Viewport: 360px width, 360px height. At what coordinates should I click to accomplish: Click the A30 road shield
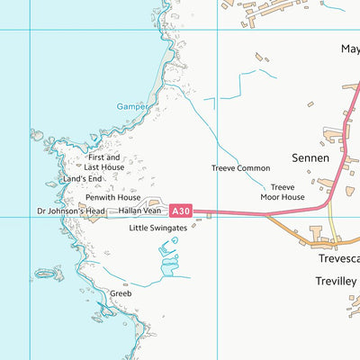(180, 211)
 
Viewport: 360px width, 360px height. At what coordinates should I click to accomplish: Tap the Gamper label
(131, 106)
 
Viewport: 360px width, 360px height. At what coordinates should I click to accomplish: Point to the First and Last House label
(104, 162)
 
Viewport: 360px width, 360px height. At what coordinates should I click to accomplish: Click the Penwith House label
(112, 197)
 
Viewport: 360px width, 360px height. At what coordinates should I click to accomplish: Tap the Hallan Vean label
(139, 211)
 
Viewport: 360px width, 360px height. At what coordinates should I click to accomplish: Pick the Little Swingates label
(157, 229)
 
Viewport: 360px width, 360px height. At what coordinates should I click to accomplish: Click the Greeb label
(121, 293)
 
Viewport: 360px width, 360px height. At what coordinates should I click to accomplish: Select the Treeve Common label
(240, 168)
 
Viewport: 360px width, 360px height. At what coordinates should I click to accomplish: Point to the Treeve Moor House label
(283, 192)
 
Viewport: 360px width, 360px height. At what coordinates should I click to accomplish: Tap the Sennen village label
(311, 157)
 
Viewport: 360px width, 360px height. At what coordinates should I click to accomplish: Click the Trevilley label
(337, 281)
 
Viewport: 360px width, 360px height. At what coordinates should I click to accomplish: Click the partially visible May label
(349, 50)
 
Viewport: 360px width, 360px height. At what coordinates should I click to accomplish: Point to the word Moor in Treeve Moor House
(273, 196)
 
